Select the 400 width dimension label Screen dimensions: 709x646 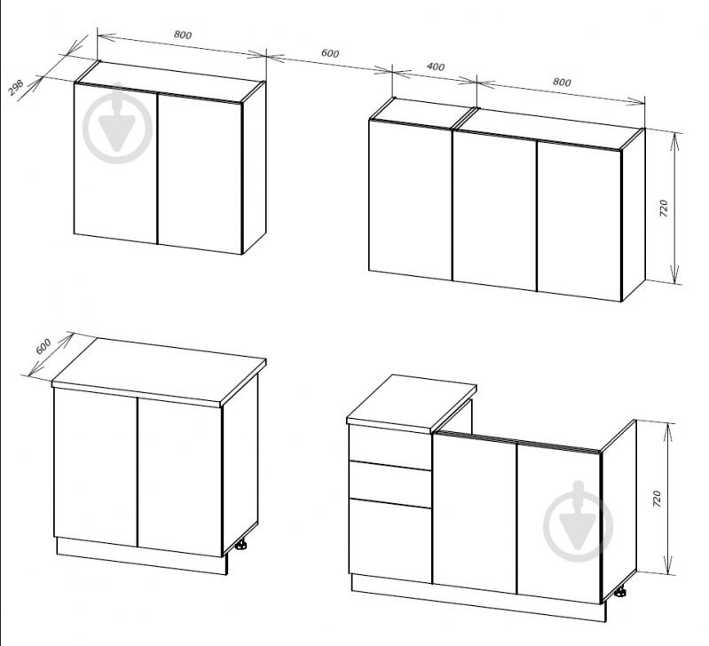tap(436, 67)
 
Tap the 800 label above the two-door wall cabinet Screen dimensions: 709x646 tap(183, 35)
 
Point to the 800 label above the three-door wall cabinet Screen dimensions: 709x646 tap(562, 82)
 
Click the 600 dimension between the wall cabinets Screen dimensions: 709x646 tap(330, 53)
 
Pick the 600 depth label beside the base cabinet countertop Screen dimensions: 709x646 tap(43, 346)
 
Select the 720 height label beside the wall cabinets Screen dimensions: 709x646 tap(664, 209)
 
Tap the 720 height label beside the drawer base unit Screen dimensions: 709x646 tap(657, 499)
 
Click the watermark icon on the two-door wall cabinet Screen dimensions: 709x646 tap(117, 123)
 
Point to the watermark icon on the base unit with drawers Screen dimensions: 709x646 tap(578, 522)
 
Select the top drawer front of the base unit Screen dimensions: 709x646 tap(390, 446)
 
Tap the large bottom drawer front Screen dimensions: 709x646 tap(390, 540)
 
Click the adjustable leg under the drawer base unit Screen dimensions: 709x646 tap(620, 591)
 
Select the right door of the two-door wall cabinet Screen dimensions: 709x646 tap(200, 174)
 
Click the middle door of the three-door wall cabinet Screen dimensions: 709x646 tap(494, 210)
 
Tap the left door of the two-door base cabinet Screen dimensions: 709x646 tap(96, 468)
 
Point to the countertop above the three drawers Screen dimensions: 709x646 tap(412, 402)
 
